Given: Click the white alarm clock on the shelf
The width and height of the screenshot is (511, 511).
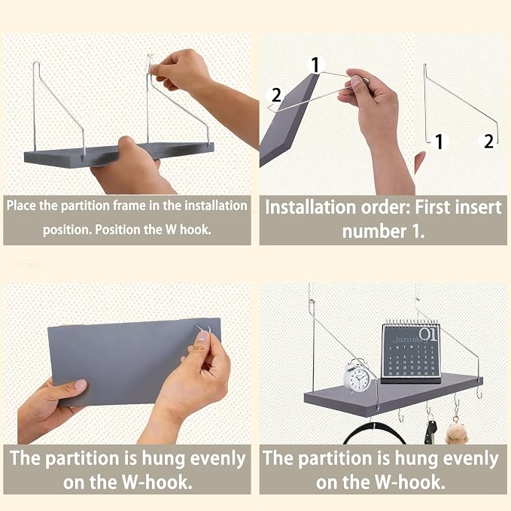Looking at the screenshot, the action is [x=357, y=376].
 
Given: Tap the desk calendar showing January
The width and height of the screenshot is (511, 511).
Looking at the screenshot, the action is [x=411, y=353].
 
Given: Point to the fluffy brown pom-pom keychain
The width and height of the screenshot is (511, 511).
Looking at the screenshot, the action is [x=457, y=433].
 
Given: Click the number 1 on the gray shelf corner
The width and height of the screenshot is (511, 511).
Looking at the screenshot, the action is [x=315, y=65].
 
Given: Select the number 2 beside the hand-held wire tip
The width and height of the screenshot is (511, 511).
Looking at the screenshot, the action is [x=276, y=95].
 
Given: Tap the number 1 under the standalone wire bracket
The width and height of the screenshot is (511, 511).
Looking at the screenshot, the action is [x=439, y=141].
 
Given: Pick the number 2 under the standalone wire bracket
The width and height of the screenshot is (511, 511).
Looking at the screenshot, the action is [x=488, y=141].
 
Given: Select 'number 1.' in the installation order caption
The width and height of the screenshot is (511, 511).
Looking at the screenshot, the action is [x=383, y=231].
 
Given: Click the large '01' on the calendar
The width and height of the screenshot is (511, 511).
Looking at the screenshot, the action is [x=427, y=334].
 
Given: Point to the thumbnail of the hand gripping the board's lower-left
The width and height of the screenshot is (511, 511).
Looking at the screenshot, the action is [x=81, y=385].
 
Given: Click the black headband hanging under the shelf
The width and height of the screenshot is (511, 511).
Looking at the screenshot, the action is [x=375, y=433].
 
